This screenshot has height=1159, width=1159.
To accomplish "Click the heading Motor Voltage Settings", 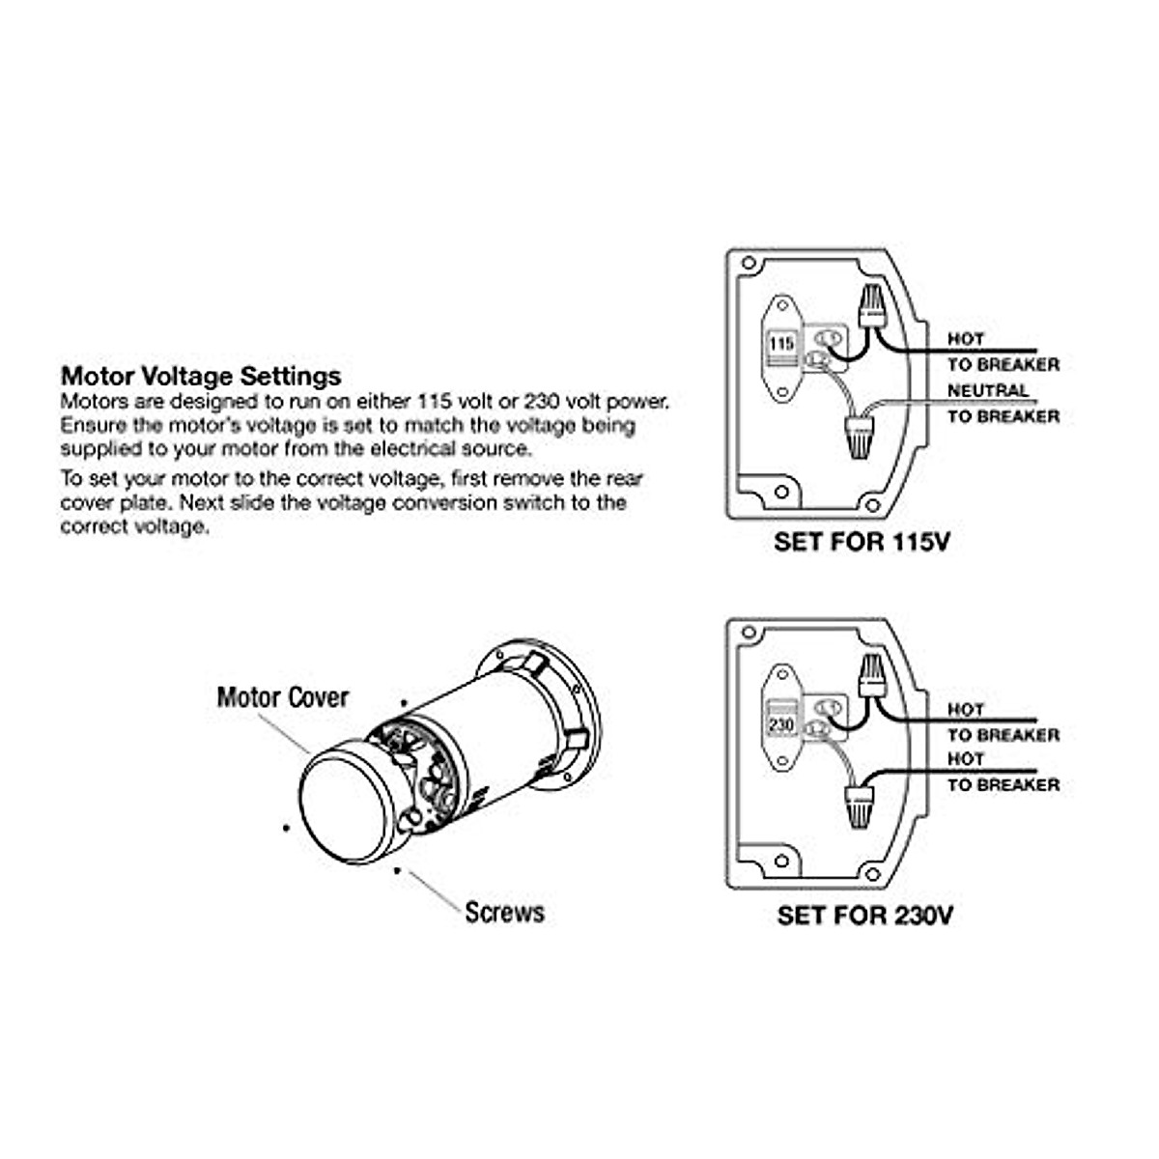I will point(201,376).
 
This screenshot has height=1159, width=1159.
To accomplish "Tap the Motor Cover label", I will point(282,697).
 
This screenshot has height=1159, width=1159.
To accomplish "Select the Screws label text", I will point(504,913).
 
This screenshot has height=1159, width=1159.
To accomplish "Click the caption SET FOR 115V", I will point(862,542).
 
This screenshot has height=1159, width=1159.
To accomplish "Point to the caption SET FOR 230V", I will point(864,915).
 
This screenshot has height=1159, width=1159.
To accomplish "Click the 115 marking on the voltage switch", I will point(781,344).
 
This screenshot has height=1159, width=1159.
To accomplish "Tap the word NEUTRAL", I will point(987,390).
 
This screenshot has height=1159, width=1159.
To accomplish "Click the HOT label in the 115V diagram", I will point(965,339).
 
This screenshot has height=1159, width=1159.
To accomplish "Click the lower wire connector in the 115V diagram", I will point(857,438).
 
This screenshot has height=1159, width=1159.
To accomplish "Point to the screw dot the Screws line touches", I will point(398,869).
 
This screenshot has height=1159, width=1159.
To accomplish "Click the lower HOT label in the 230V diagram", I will point(965,759).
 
